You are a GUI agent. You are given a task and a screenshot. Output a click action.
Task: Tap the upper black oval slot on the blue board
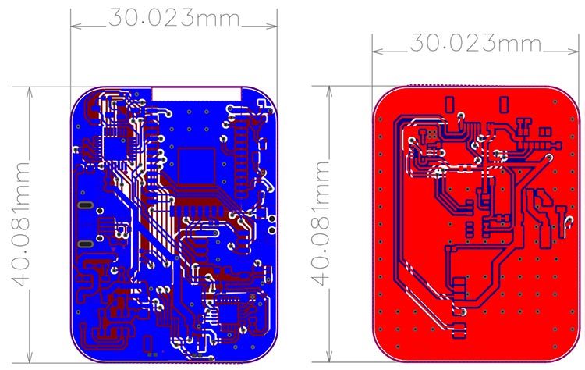point(84,205)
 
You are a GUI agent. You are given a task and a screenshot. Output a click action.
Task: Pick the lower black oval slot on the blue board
point(84,244)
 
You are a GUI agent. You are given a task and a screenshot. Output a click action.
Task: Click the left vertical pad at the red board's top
point(450,103)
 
